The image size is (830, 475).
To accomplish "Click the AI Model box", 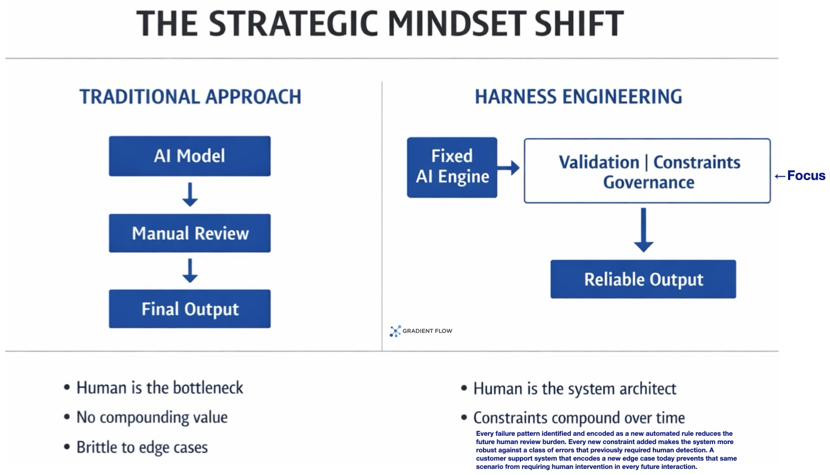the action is (190, 156).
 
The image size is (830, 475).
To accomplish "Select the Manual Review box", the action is (190, 233).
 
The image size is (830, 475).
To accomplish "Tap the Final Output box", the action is (190, 309).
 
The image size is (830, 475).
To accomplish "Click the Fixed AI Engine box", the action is (452, 167).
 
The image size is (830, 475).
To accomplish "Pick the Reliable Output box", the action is (643, 279).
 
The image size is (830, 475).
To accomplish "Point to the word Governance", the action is (649, 182).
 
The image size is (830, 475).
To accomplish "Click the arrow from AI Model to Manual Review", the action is (190, 194).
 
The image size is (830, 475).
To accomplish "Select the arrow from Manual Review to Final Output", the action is (190, 271).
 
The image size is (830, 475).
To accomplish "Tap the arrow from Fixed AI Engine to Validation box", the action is (508, 167).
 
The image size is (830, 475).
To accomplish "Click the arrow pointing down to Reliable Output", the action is (643, 230).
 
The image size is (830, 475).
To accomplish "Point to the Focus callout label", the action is (800, 176).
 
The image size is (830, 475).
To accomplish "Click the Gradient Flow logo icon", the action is (395, 331).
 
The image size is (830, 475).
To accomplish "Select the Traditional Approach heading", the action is (190, 97).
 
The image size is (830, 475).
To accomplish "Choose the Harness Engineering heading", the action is (578, 97).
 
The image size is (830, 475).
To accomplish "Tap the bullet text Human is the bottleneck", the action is (159, 388).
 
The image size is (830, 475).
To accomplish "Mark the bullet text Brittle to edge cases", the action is (142, 447).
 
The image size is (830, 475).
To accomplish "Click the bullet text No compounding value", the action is (152, 418).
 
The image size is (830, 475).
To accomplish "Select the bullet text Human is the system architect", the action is (574, 389).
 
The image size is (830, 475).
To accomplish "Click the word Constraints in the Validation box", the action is (696, 162).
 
